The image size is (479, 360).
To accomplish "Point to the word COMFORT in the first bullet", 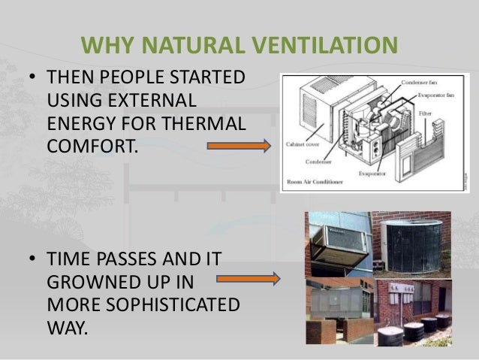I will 90,143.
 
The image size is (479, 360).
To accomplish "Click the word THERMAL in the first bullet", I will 205,122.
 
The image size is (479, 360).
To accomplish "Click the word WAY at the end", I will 65,328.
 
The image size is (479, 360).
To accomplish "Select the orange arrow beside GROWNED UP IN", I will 247,280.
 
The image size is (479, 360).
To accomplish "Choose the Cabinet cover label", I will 304,144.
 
